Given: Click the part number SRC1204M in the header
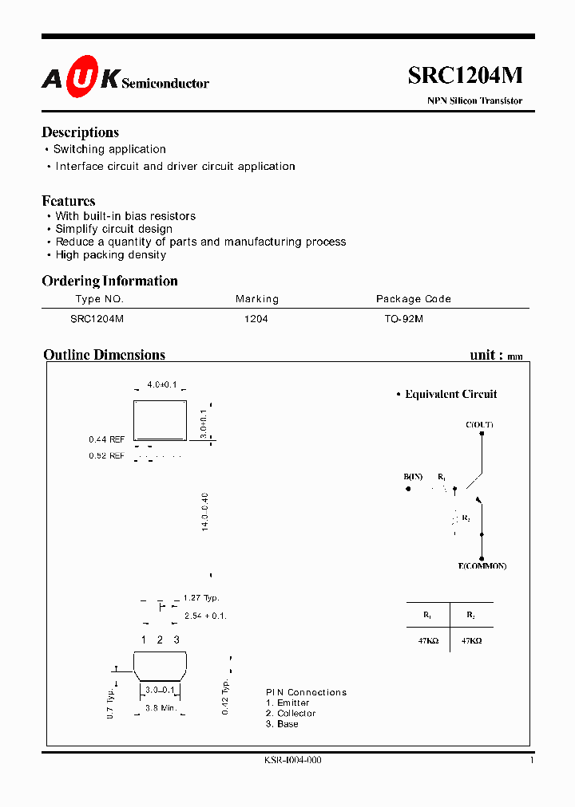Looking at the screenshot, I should (x=466, y=75).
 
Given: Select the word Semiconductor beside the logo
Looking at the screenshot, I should (x=165, y=83).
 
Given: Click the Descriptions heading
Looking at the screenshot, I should (x=80, y=132).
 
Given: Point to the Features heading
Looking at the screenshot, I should (x=68, y=201).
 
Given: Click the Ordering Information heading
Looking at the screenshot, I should (x=109, y=281).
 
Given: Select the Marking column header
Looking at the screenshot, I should (x=257, y=299).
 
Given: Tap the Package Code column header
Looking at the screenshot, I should (x=414, y=299).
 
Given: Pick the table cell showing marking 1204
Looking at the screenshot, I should (x=256, y=318).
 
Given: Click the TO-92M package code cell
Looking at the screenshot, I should (x=404, y=318).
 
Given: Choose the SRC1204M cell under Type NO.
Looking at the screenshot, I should (x=97, y=318).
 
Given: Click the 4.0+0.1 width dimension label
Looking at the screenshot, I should (x=162, y=384).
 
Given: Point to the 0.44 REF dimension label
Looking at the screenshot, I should (x=106, y=439).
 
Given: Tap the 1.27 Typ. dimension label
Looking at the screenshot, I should (x=200, y=598).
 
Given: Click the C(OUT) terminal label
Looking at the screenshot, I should (x=479, y=425).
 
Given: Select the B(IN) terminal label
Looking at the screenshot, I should (x=413, y=477).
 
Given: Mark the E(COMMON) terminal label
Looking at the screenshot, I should (x=482, y=566).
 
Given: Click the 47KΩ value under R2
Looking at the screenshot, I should (x=471, y=640).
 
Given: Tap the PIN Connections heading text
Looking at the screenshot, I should (x=306, y=692).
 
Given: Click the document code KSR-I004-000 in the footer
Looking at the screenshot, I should (x=292, y=761).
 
